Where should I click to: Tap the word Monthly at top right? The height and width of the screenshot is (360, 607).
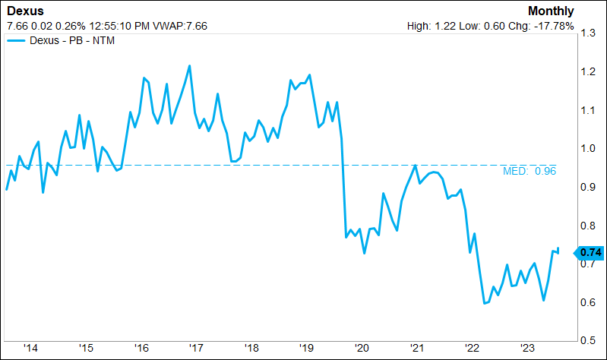click(552, 11)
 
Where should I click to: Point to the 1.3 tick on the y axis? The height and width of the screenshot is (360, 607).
click(587, 33)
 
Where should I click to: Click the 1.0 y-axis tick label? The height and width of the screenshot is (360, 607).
click(587, 149)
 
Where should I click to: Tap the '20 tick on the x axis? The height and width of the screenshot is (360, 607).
click(362, 348)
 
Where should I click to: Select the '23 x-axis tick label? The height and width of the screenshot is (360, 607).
click(527, 348)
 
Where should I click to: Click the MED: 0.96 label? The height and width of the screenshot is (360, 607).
click(530, 172)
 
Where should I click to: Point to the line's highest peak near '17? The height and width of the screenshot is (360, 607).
click(189, 66)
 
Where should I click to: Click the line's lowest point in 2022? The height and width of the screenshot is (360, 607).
click(484, 304)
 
